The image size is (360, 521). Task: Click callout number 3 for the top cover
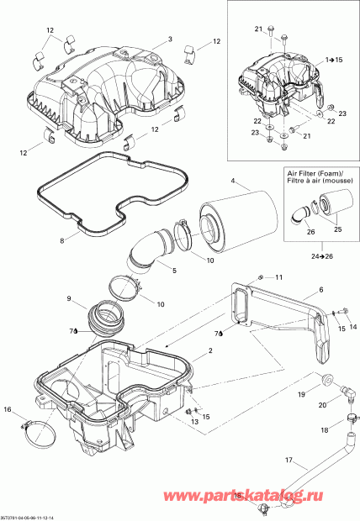tap(169, 39)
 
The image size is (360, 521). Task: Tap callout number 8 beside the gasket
tap(61, 241)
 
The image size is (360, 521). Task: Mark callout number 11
tap(280, 277)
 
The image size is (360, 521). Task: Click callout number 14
tap(353, 326)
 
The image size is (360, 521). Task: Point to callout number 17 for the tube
tap(288, 460)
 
